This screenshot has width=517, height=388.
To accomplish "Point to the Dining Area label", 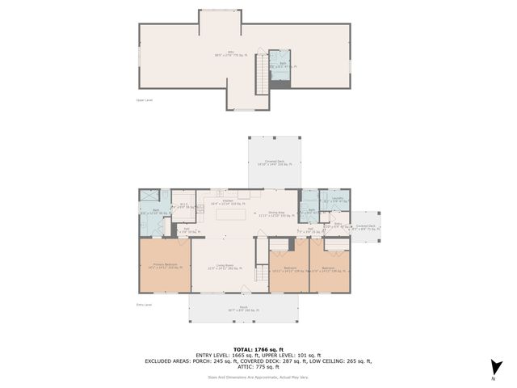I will click(274, 214).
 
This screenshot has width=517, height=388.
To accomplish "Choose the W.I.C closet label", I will click(183, 205).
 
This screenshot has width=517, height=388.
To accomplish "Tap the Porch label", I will click(242, 308).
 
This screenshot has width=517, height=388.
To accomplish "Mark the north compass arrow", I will click(494, 367).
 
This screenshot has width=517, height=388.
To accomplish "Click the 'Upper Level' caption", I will click(144, 100).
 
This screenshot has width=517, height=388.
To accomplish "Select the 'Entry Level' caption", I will click(145, 305).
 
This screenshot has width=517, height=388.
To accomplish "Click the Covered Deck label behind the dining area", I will click(274, 162).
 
